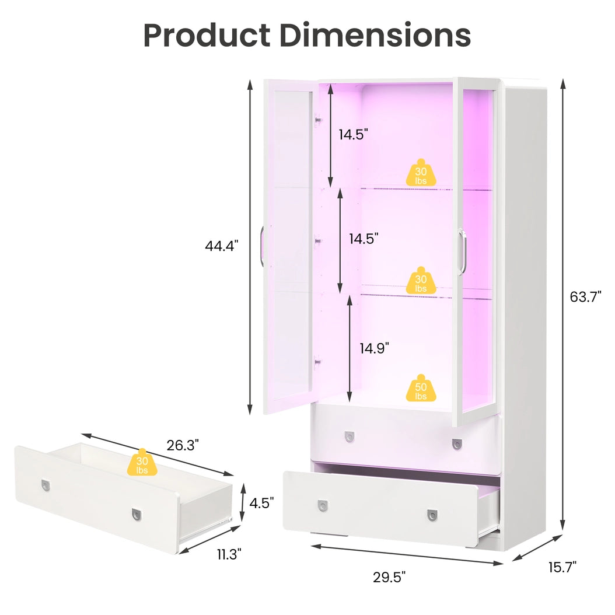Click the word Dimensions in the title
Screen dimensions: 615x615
tap(375, 35)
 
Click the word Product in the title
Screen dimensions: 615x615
tap(207, 35)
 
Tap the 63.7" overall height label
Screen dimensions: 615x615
tap(585, 297)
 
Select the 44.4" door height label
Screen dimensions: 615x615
tap(222, 246)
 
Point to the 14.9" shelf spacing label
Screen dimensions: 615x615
tap(375, 348)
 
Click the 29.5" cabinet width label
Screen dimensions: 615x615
tap(389, 577)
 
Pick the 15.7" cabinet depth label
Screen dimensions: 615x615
tap(562, 567)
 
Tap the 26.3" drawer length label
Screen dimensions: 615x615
tap(183, 445)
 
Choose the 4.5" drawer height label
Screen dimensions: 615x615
tap(261, 503)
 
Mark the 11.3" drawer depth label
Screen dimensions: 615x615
tap(229, 554)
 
